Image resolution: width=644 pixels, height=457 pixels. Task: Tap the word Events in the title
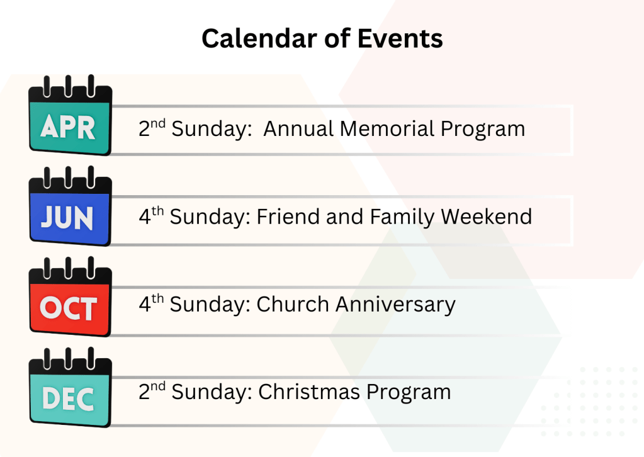coord(400,38)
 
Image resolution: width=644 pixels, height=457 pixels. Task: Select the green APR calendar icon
coord(70,115)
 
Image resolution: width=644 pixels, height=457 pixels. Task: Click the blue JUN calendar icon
coord(70,206)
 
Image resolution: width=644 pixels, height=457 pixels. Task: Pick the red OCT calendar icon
coord(70,297)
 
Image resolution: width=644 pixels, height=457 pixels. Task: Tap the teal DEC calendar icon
coord(70,388)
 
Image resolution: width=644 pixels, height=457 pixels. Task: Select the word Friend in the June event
coord(288,217)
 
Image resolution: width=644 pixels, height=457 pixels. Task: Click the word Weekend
coord(486,217)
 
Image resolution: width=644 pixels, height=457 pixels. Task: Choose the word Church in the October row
coord(293,304)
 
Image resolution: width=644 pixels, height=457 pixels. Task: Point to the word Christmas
coord(309,392)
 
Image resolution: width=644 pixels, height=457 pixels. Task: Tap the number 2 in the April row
coord(144,129)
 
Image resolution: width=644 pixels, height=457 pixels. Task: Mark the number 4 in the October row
coord(145,305)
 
